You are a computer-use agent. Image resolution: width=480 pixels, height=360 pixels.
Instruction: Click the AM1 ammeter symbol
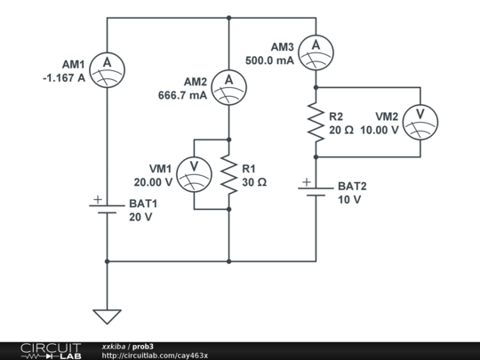[107, 62]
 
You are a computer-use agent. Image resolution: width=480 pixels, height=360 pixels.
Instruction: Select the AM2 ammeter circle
[229, 81]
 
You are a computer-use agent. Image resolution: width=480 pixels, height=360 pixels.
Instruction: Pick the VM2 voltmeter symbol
[419, 122]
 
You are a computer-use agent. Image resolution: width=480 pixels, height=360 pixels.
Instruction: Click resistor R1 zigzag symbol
[229, 173]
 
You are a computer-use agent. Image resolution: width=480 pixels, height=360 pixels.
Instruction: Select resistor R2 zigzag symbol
[316, 122]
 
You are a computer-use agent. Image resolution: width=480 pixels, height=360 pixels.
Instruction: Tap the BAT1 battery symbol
[107, 208]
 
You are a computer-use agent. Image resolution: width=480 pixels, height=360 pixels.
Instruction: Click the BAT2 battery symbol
[316, 191]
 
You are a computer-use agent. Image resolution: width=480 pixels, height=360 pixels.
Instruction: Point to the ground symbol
[107, 315]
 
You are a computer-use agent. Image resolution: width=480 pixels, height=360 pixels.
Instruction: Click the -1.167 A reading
[63, 77]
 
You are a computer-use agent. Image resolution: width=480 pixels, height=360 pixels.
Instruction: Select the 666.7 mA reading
[182, 95]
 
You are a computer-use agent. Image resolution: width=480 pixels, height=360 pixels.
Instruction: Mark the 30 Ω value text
[255, 181]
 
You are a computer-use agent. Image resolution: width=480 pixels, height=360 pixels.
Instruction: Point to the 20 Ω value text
[341, 130]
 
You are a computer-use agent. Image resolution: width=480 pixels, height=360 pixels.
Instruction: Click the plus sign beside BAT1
[97, 200]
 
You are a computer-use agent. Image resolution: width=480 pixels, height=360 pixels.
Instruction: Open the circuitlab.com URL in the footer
[155, 355]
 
